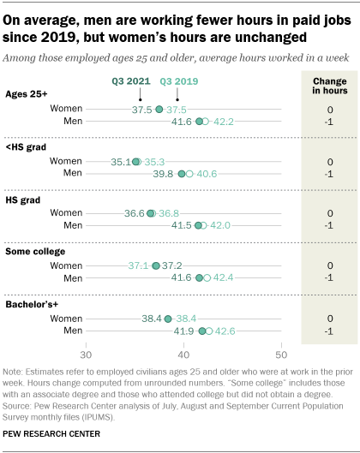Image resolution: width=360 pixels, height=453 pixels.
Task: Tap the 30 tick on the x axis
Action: pyautogui.click(x=86, y=354)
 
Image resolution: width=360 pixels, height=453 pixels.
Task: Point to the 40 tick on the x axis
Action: pyautogui.click(x=183, y=354)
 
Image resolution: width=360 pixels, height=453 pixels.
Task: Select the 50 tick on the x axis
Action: pyautogui.click(x=280, y=354)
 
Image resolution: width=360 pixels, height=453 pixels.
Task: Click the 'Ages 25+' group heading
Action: pyautogui.click(x=27, y=94)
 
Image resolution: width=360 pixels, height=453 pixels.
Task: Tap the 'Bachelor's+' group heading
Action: pyautogui.click(x=33, y=304)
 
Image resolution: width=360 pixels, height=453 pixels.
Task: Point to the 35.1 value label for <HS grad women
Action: pyautogui.click(x=122, y=161)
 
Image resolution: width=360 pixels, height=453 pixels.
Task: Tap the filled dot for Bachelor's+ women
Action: pyautogui.click(x=168, y=319)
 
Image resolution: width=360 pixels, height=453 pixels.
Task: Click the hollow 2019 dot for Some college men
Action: pyautogui.click(x=208, y=278)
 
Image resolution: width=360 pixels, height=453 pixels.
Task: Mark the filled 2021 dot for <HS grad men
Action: pyautogui.click(x=181, y=174)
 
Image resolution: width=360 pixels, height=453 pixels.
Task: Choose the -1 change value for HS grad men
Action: pyautogui.click(x=329, y=226)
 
